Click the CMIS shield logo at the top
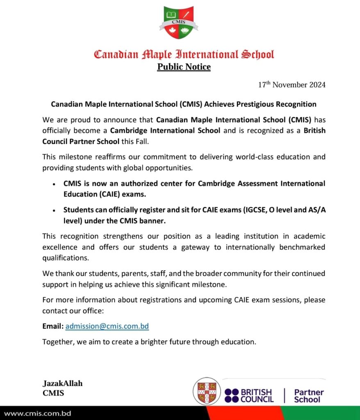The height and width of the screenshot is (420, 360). (x=178, y=23)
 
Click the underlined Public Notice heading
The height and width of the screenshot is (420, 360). (x=184, y=67)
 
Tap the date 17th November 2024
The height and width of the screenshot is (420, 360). (x=292, y=85)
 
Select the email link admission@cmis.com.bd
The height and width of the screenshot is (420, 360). (x=107, y=326)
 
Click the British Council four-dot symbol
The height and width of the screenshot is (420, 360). (x=232, y=395)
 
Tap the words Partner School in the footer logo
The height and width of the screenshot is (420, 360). (x=308, y=396)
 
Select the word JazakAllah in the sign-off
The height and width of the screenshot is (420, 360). (x=62, y=383)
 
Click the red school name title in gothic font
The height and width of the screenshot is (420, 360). (x=184, y=54)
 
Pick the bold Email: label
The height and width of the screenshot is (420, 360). (x=53, y=326)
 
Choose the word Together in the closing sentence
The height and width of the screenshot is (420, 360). (x=57, y=342)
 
